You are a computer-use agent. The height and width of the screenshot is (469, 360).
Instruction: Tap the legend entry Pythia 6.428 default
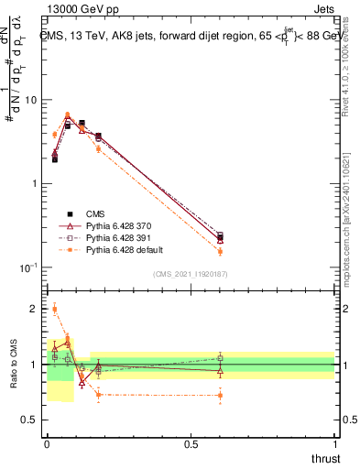click(120, 249)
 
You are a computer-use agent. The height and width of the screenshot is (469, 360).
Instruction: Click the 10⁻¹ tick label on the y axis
click(29, 267)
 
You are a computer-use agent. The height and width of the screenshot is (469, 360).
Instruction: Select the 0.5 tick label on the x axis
click(191, 444)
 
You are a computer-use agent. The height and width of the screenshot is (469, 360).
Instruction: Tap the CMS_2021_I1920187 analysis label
click(191, 274)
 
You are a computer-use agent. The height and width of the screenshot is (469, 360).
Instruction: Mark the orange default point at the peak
click(68, 115)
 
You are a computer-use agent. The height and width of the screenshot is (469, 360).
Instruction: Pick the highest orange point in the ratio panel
click(54, 309)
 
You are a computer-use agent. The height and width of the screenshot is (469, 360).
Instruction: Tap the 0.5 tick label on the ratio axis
click(31, 420)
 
